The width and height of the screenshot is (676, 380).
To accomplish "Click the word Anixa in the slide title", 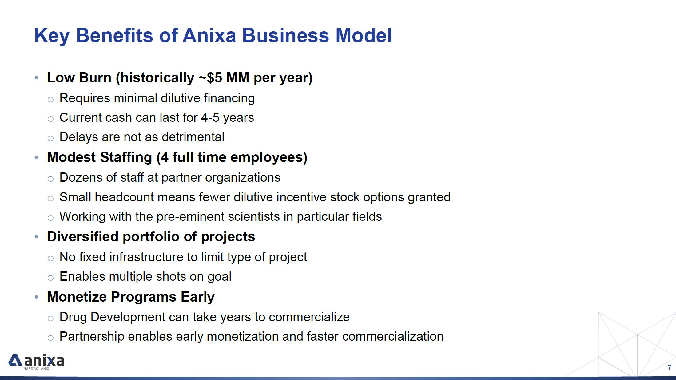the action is tap(209, 35).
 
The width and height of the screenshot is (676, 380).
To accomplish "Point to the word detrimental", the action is tap(193, 137).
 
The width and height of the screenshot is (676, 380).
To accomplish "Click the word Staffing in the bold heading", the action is tap(126, 158).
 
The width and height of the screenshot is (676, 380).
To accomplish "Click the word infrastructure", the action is tap(150, 257).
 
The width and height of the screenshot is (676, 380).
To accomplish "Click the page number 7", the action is tap(669, 368).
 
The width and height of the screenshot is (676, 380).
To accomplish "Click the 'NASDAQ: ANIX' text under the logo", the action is tap(36, 369).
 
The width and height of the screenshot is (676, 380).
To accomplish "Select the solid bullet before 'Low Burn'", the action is tap(37, 78).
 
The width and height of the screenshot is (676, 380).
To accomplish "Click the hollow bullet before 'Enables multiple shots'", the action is tap(51, 278).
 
